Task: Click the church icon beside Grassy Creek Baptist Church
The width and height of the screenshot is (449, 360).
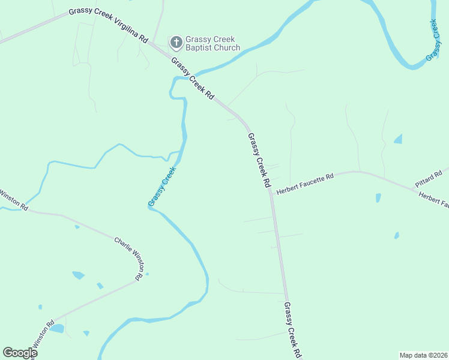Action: (176, 41)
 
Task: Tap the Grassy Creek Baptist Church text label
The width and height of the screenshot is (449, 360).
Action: (212, 43)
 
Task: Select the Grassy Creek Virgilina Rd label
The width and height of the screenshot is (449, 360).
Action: (108, 24)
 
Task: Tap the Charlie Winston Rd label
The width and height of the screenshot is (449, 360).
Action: (130, 259)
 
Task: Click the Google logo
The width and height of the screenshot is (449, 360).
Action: (20, 353)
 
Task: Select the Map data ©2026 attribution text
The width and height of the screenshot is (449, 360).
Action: (423, 355)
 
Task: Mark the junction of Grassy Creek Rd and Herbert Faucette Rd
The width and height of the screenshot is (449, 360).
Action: (271, 193)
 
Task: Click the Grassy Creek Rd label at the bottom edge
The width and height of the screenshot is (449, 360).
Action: (292, 329)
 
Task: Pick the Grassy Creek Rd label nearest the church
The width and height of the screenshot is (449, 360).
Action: (193, 79)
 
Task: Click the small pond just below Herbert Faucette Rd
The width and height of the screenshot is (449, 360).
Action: (378, 197)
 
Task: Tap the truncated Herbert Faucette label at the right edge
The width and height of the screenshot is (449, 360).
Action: (433, 200)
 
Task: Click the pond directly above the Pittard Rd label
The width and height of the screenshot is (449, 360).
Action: (398, 139)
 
